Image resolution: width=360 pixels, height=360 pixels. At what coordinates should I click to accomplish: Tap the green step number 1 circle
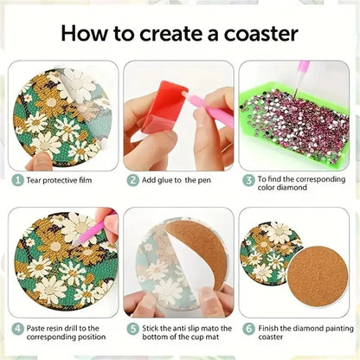click(x=17, y=180)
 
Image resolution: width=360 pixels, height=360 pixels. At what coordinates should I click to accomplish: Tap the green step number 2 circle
click(x=133, y=180)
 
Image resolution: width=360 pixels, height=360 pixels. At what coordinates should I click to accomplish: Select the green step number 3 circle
click(x=248, y=180)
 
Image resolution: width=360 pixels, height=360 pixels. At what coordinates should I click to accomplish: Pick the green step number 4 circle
click(x=17, y=329)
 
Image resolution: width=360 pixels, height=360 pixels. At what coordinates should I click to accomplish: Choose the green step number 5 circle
click(x=133, y=329)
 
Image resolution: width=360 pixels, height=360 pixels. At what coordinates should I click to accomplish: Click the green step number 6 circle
click(x=248, y=329)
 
